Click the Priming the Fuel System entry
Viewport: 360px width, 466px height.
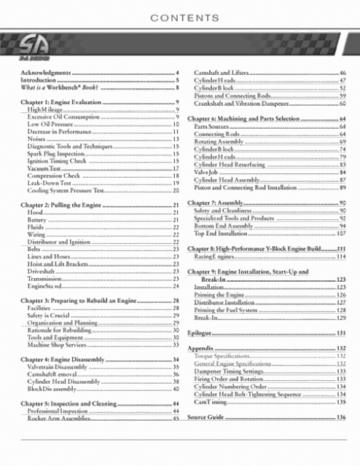point(232,309)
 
